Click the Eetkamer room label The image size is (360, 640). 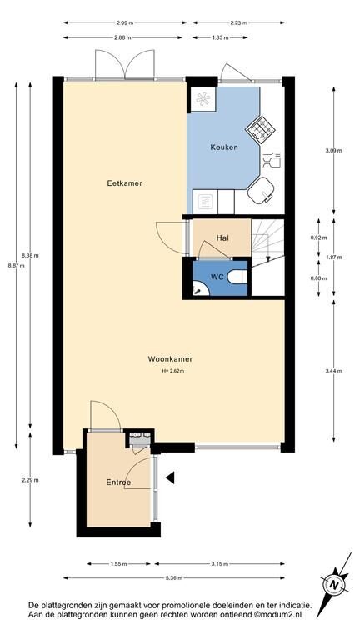[x=124, y=183]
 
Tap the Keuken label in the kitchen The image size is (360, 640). [x=223, y=147]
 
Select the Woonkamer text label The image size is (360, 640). [x=170, y=359]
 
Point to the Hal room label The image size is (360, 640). [x=222, y=237]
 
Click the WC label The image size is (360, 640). [x=217, y=277]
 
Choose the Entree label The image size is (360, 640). [x=118, y=482]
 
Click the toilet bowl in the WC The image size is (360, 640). [x=237, y=278]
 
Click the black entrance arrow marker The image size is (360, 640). [x=170, y=477]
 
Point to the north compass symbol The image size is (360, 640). [x=335, y=584]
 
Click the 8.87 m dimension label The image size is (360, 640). [x=17, y=265]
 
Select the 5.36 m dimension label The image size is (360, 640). [x=174, y=578]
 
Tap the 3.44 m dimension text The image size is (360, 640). [x=334, y=371]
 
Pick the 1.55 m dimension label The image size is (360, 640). [x=118, y=564]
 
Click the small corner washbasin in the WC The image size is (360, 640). [x=199, y=288]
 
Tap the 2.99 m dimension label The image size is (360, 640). [x=124, y=22]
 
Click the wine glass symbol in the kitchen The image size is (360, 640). [x=272, y=160]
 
